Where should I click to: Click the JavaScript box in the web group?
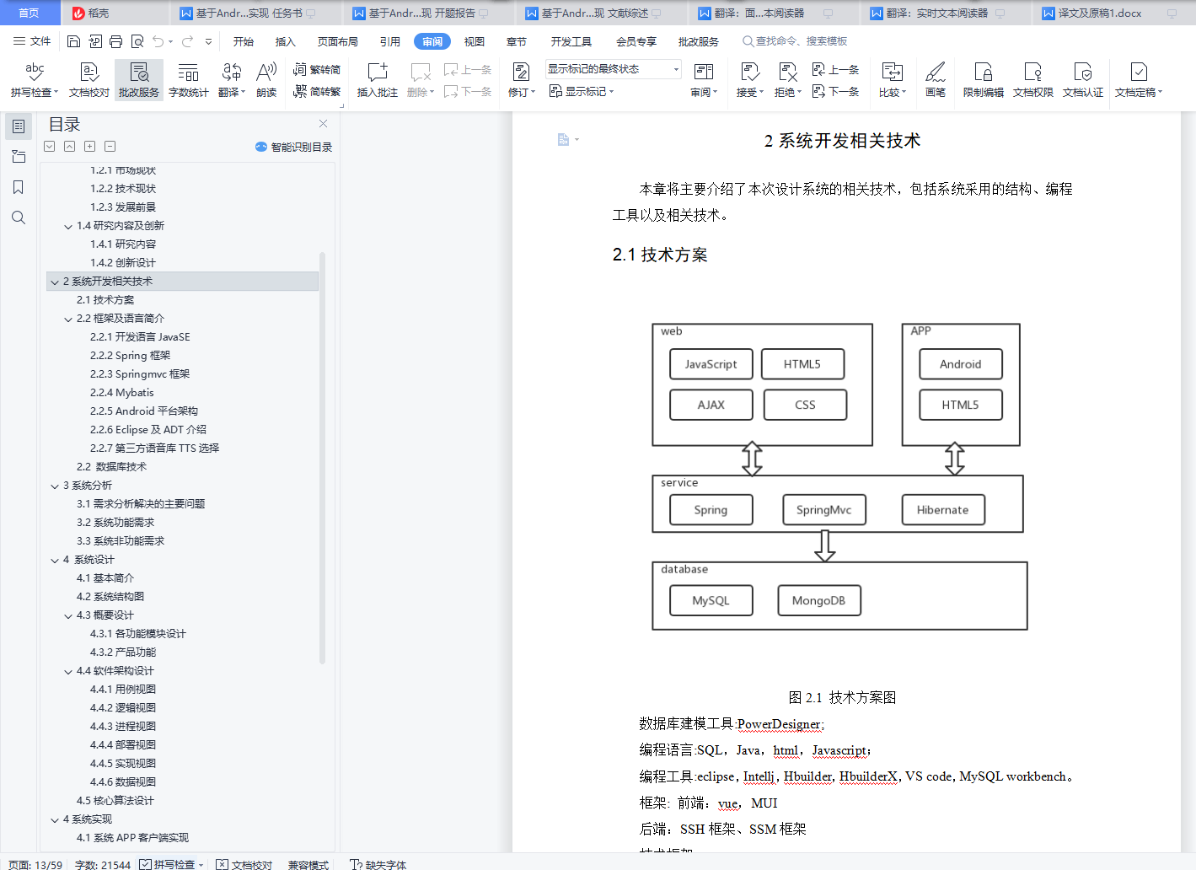[711, 364]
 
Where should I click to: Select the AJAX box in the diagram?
[711, 405]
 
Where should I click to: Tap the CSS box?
[805, 405]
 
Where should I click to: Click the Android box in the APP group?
[960, 364]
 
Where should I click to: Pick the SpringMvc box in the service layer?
[823, 510]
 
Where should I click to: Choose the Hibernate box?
[942, 510]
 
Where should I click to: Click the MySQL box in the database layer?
[711, 600]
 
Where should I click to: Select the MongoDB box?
[818, 600]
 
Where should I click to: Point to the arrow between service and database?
[825, 545]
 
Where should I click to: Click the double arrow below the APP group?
[954, 459]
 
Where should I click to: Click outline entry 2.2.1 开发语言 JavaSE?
[140, 337]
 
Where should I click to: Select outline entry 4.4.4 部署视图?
[123, 745]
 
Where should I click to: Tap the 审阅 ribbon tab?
[432, 41]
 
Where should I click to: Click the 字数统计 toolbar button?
[188, 80]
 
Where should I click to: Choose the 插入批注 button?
[377, 80]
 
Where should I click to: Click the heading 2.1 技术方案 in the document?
[660, 255]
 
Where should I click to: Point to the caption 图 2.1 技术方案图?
[842, 697]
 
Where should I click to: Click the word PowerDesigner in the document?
[779, 724]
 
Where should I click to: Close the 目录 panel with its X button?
[323, 124]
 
